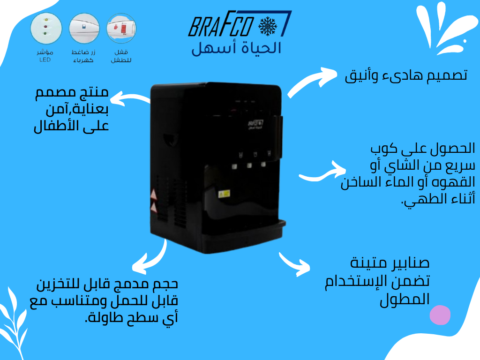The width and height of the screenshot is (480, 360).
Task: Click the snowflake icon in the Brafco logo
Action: click(268, 27)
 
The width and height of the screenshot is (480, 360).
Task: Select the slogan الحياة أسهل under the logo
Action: click(237, 48)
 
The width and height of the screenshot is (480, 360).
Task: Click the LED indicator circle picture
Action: click(46, 28)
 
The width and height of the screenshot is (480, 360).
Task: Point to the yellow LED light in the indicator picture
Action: click(45, 20)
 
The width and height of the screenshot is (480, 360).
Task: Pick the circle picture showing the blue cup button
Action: click(84, 28)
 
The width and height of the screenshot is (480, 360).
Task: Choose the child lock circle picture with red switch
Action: click(121, 28)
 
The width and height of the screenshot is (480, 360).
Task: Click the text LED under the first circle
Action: click(45, 60)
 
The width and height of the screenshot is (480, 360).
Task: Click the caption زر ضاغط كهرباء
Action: click(83, 56)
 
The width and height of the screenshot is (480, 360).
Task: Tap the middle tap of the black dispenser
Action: click(249, 165)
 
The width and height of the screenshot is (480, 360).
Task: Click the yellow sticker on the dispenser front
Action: click(224, 193)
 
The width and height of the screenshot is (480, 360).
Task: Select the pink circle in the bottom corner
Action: click(440, 315)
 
